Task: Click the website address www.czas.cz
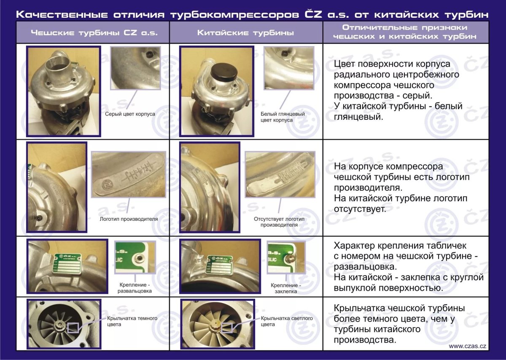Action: [467, 346]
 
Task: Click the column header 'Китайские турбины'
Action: [246, 32]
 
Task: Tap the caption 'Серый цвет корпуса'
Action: [130, 114]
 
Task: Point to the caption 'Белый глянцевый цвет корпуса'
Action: [283, 117]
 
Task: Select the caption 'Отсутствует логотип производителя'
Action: [279, 222]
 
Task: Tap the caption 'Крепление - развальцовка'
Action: [135, 288]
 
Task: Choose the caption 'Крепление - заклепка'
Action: [285, 288]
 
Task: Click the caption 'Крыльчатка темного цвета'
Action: [132, 321]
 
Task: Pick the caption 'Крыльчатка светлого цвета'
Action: [287, 321]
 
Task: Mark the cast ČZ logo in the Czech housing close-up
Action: [109, 185]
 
